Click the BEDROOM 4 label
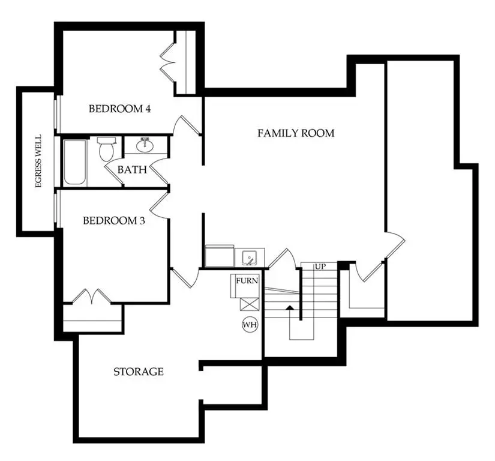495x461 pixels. click(x=119, y=109)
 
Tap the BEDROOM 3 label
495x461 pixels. click(x=114, y=220)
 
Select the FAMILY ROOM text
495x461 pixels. click(x=296, y=133)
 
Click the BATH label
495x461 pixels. click(x=131, y=170)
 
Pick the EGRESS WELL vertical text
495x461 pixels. click(x=38, y=161)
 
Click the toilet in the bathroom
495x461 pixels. click(x=106, y=148)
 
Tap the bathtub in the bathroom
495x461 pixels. click(x=75, y=162)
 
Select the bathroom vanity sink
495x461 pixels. click(x=144, y=145)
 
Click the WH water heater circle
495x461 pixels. click(x=250, y=325)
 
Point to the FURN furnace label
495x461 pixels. click(x=246, y=281)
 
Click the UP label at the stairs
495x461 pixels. click(x=320, y=266)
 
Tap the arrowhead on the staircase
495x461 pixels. click(x=289, y=309)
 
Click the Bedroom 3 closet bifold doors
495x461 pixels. click(x=91, y=297)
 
